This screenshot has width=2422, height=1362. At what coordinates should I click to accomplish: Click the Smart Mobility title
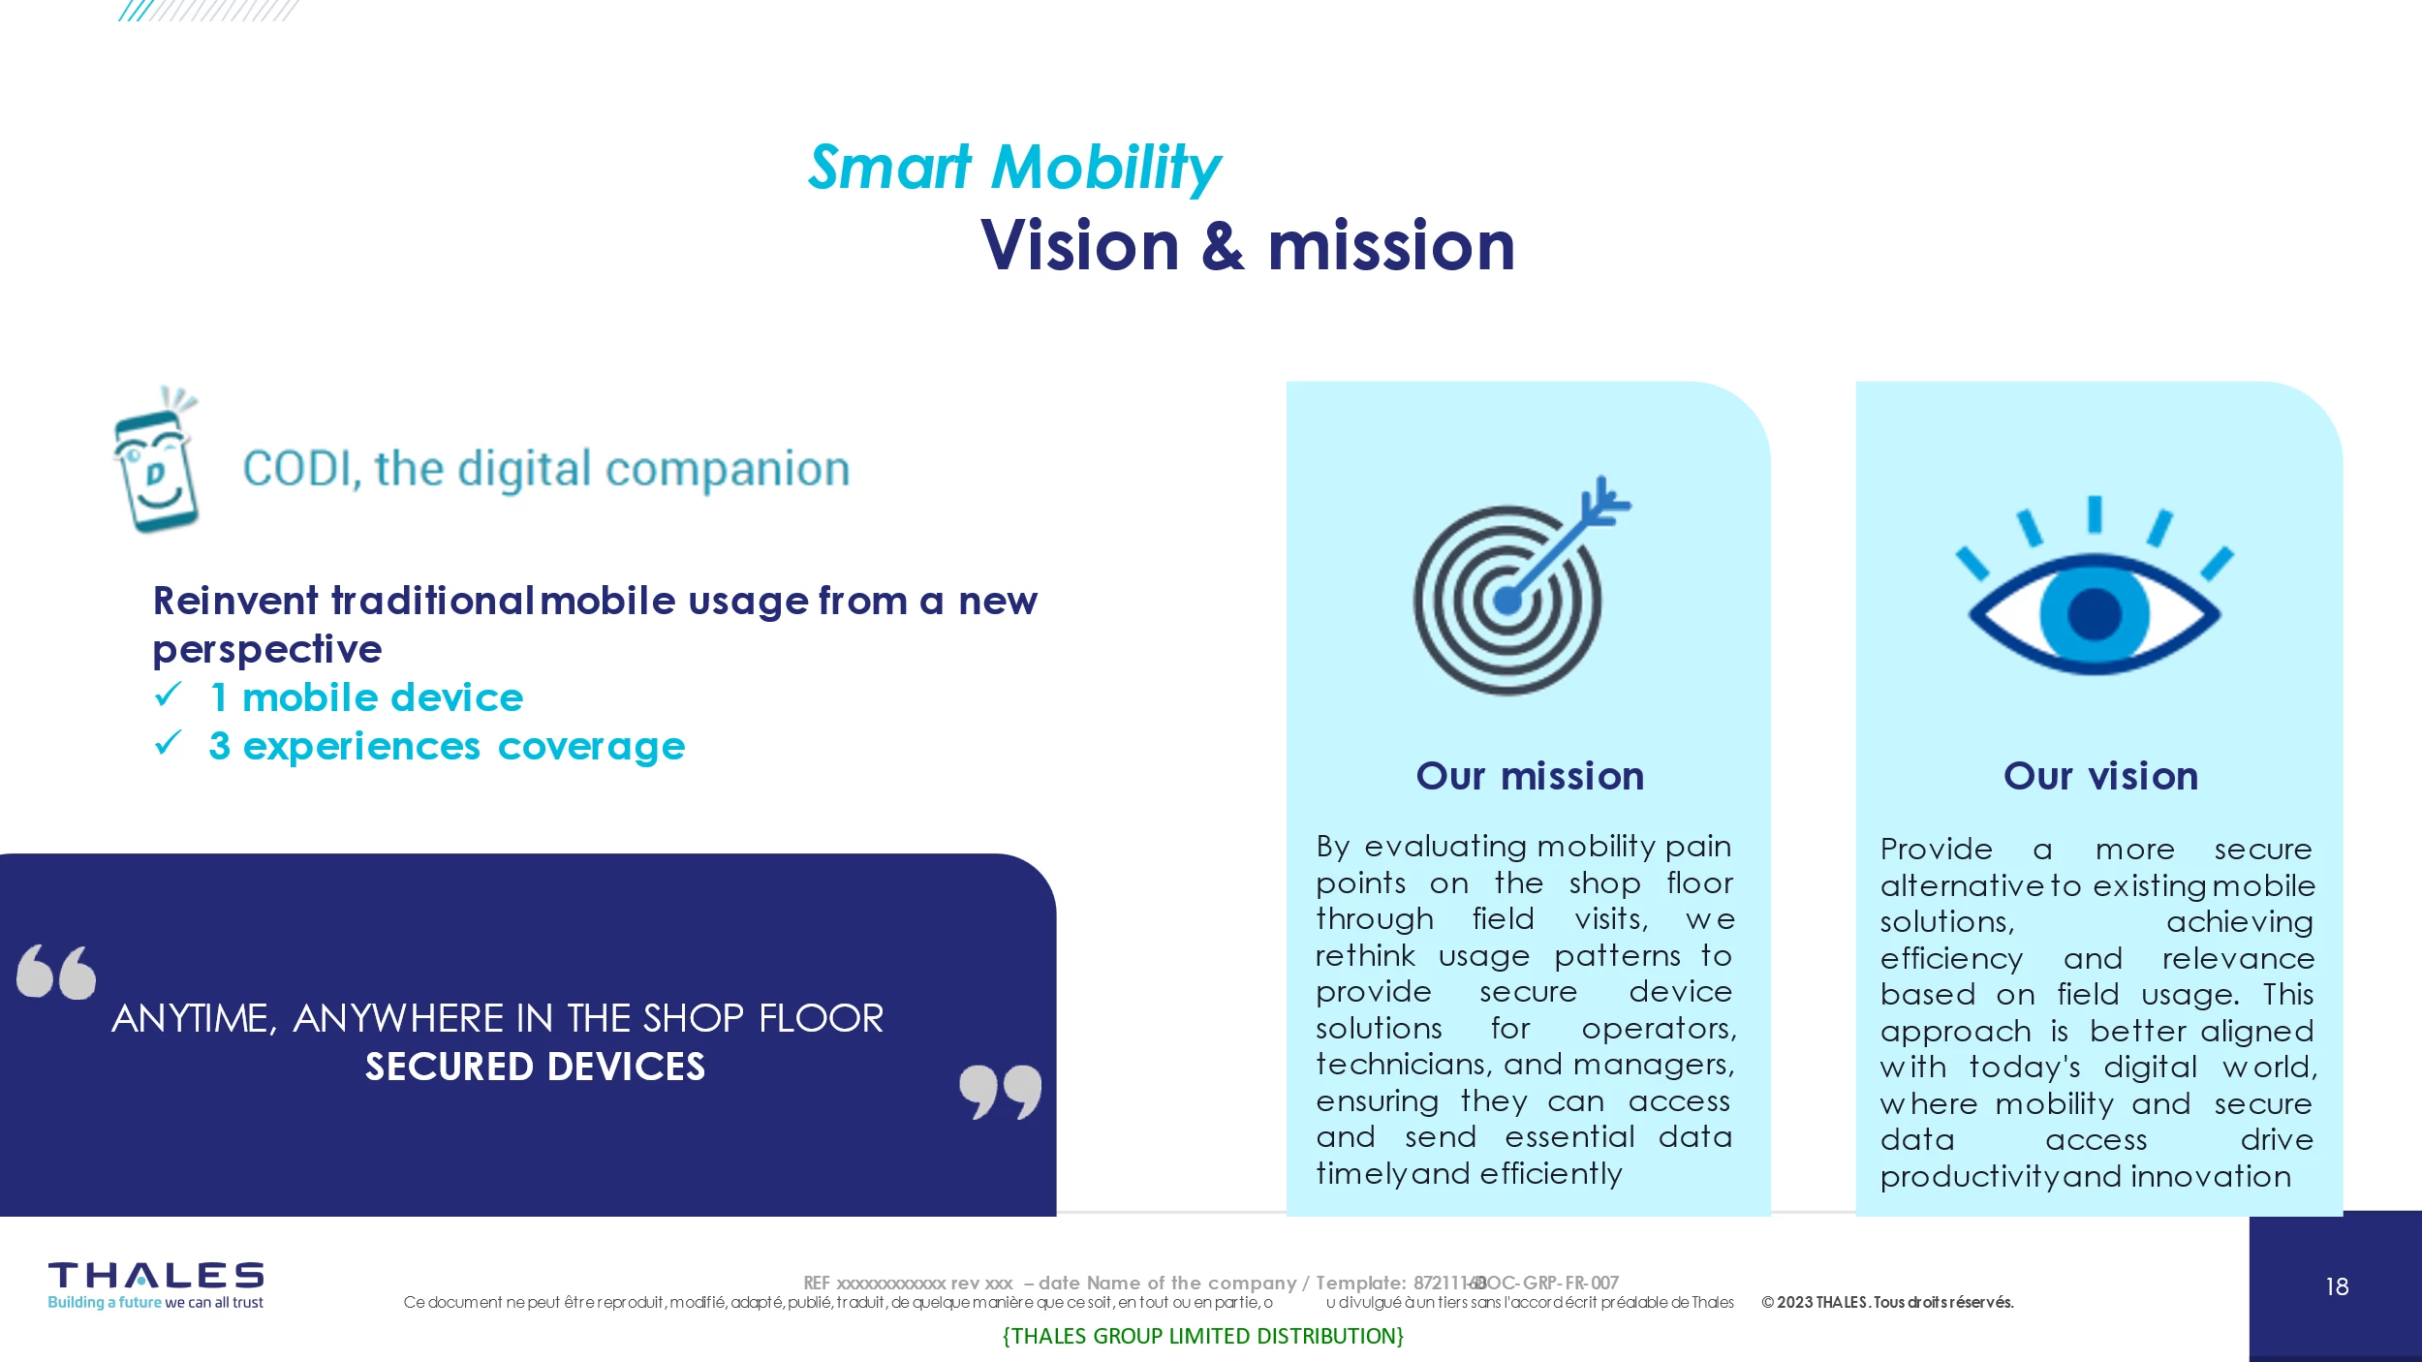[x=1014, y=169]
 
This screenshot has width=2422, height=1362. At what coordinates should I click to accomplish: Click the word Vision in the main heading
[x=1080, y=246]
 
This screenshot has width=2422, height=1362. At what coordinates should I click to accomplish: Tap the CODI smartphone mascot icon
[x=155, y=459]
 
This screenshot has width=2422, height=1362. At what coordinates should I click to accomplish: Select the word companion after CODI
[x=728, y=470]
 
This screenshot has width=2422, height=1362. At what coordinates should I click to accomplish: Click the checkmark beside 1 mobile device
[x=169, y=695]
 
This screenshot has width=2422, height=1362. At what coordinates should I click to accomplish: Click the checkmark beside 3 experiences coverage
[x=169, y=743]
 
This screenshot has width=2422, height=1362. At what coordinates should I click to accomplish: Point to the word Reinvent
[x=235, y=601]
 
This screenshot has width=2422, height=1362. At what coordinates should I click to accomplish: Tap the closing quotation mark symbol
[x=1001, y=1092]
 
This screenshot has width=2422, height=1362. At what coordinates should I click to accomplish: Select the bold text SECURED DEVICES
[x=535, y=1067]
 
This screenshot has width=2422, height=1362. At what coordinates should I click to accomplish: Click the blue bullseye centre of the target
[x=1506, y=601]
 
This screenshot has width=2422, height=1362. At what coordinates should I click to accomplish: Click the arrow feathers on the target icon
[x=1603, y=501]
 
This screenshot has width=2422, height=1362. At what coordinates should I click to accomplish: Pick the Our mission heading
[x=1530, y=776]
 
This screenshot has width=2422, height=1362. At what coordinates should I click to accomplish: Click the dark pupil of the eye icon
[x=2095, y=614]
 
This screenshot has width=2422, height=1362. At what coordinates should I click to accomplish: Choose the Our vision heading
[x=2100, y=776]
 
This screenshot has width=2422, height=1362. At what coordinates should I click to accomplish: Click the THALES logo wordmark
[x=156, y=1275]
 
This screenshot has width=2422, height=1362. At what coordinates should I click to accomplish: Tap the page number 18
[x=2337, y=1286]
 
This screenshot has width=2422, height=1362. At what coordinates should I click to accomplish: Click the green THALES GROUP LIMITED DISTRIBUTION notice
[x=1202, y=1336]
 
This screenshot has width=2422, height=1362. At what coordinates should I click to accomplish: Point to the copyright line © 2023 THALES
[x=1887, y=1302]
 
